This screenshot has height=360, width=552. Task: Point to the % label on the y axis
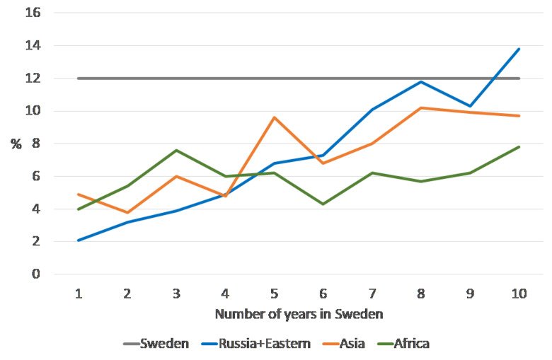(x=16, y=144)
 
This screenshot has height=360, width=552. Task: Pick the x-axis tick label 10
(x=519, y=294)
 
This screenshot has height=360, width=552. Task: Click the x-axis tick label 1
(x=78, y=294)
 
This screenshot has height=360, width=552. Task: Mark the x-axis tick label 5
(x=274, y=294)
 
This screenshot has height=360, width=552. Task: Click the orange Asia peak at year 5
(x=274, y=117)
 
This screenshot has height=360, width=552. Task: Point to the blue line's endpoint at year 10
(x=519, y=49)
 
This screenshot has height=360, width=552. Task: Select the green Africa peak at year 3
(x=176, y=150)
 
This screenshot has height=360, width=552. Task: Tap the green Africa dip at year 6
(x=323, y=204)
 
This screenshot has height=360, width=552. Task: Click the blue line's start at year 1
(x=78, y=240)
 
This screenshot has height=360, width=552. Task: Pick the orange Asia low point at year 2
(x=127, y=212)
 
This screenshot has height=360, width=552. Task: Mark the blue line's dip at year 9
(x=470, y=106)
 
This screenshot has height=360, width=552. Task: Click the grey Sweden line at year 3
(x=176, y=79)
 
